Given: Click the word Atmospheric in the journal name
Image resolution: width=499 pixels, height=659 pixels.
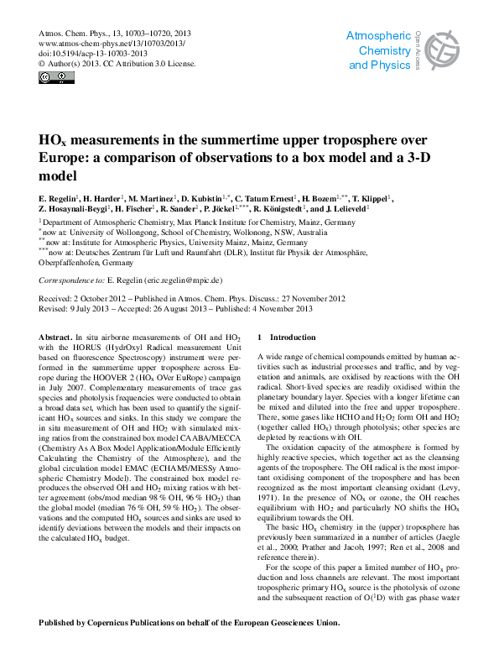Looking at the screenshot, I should [378, 37].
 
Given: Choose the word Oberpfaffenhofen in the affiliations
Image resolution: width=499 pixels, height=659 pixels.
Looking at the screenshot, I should [78, 261].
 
